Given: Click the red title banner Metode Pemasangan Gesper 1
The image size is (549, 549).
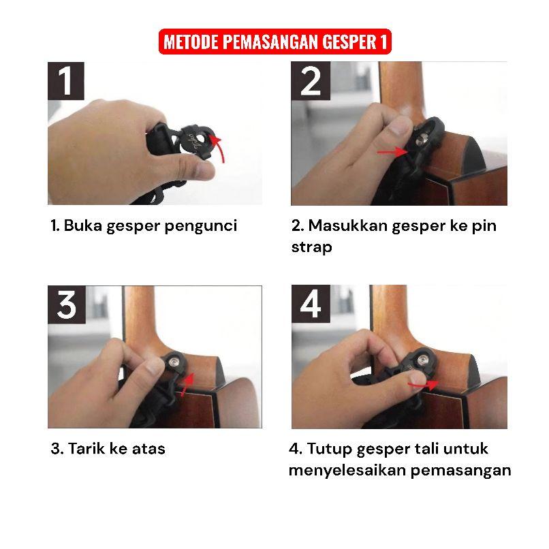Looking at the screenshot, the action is (275, 42).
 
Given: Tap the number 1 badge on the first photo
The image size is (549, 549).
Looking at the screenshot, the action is (66, 81).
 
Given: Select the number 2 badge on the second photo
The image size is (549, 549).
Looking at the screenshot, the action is (311, 81).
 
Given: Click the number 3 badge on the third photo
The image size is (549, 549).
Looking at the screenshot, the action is (67, 304).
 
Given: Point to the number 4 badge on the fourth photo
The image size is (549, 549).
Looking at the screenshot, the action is (311, 304).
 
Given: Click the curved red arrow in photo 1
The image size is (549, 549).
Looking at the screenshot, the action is (220, 148).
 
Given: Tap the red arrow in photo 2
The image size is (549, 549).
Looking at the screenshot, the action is (392, 152).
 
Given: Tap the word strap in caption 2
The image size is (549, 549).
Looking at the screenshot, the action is (311, 247).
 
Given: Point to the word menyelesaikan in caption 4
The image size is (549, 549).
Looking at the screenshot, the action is (347, 471).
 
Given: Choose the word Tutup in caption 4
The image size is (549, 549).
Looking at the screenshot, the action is (329, 450).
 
